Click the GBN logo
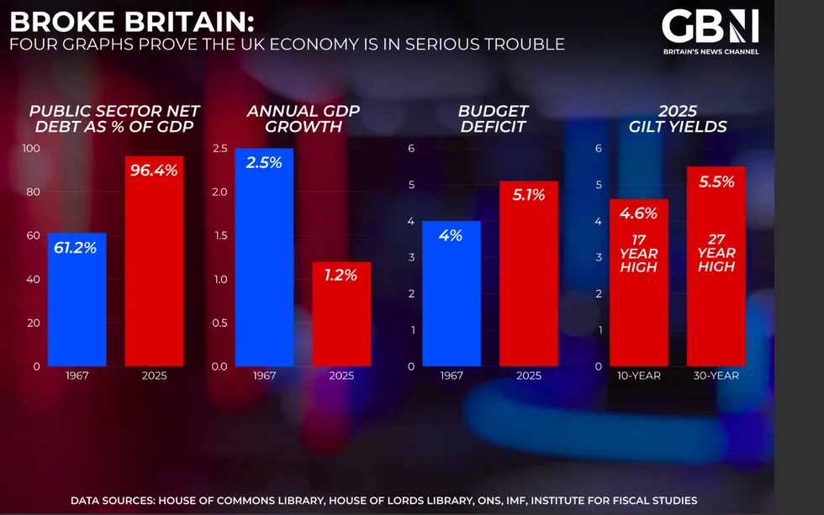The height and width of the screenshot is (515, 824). [710, 27]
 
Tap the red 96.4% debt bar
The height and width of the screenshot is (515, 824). [154, 260]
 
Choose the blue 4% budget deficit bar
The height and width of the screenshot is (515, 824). [451, 293]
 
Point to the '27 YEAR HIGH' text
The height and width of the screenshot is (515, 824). [716, 253]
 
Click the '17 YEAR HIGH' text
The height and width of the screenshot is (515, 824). [638, 254]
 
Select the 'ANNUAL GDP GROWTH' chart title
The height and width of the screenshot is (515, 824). [293, 118]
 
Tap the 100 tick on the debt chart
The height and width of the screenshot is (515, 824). [31, 149]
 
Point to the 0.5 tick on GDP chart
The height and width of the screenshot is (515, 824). [219, 323]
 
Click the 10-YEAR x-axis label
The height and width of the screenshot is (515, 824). [638, 376]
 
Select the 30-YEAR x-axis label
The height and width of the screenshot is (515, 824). [716, 376]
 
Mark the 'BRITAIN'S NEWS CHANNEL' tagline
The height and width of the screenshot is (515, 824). [710, 52]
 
